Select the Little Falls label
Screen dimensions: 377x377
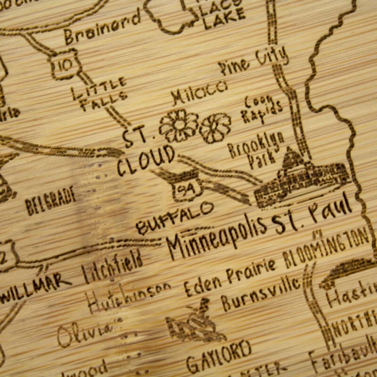click(x=100, y=94)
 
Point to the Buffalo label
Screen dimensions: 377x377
click(x=174, y=217)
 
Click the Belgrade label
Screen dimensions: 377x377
click(x=51, y=201)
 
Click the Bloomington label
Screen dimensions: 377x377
click(x=326, y=246)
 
